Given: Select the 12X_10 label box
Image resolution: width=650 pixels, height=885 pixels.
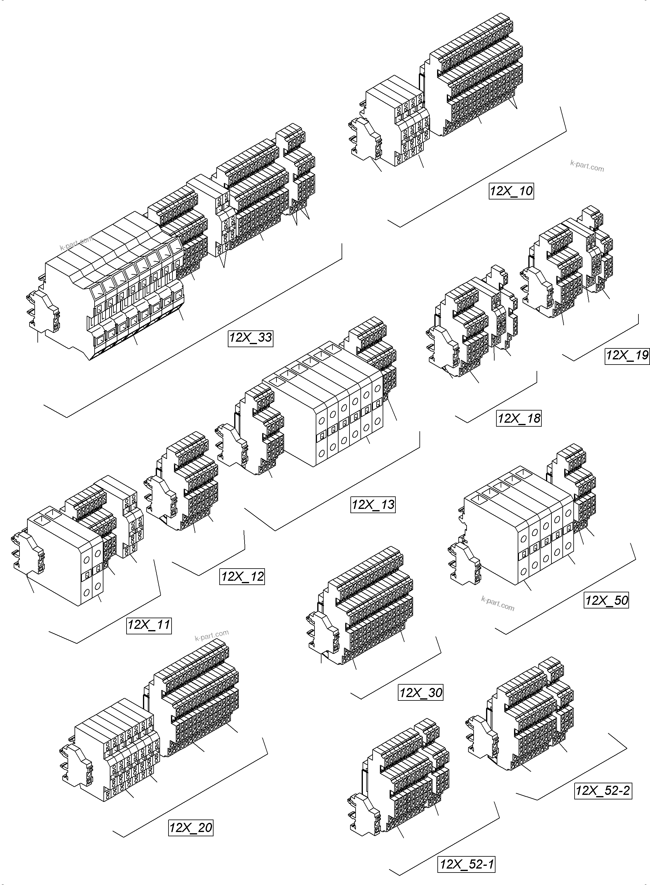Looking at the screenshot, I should (511, 191).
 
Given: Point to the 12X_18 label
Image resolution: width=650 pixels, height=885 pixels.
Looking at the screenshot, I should (519, 418).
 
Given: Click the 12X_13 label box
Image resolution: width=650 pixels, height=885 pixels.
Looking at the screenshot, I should (373, 505).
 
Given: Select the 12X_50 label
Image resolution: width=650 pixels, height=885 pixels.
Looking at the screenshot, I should (606, 600).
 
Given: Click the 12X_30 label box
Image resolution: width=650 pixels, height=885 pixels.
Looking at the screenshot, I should (421, 693).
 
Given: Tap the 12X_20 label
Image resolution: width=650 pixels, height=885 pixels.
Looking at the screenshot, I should (191, 827).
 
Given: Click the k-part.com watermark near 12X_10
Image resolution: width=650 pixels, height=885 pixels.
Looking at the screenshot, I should (587, 166).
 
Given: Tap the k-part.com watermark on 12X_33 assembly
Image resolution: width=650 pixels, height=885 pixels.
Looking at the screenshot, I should (76, 243).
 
